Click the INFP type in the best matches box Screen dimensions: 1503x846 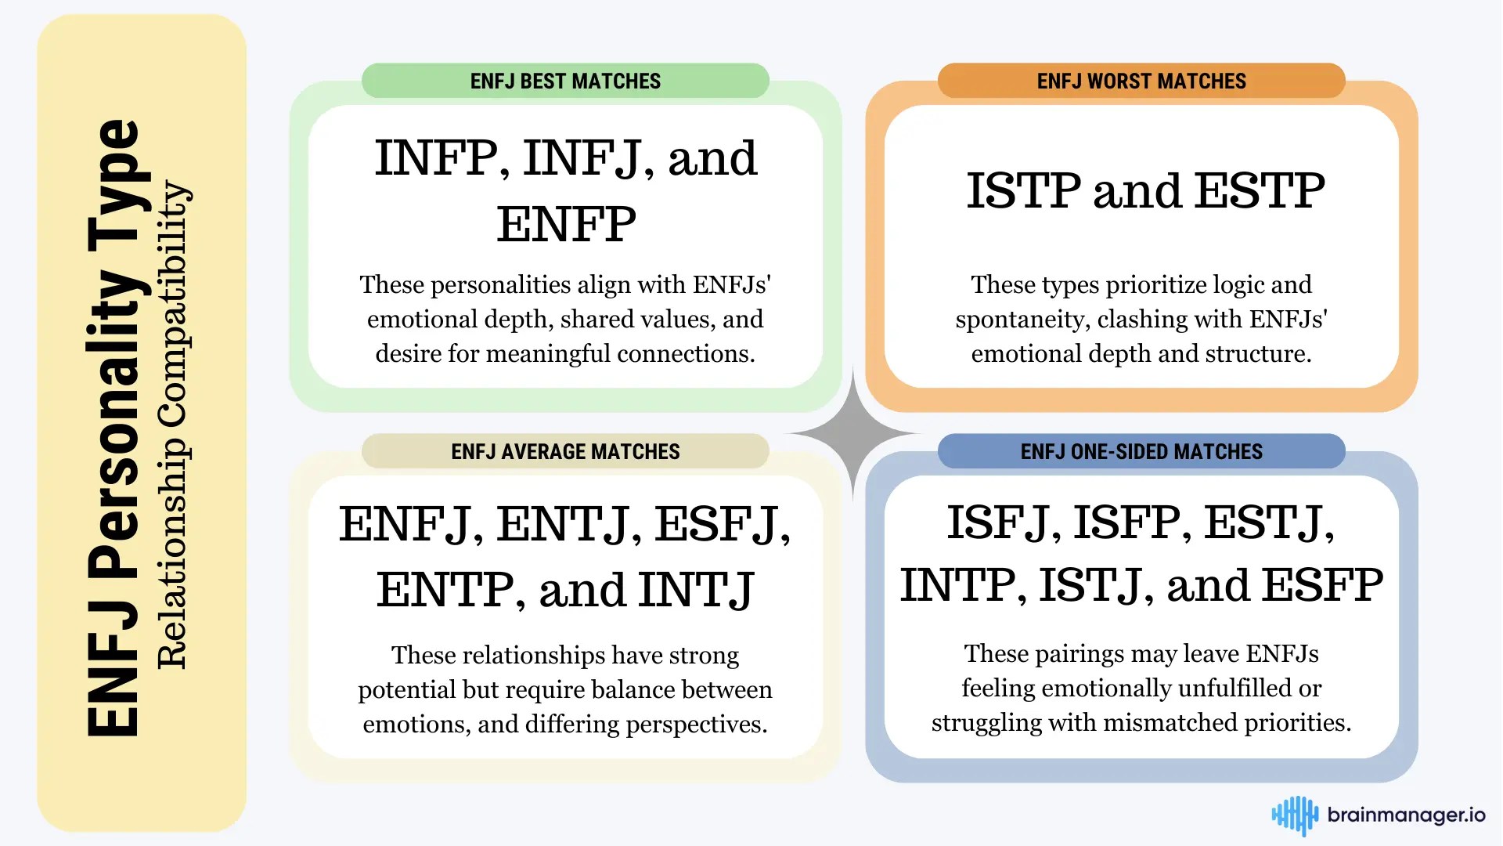[437, 158]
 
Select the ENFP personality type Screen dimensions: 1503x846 [566, 224]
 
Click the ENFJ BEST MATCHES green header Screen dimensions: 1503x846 [565, 81]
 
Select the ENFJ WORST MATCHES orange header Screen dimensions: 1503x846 [1141, 81]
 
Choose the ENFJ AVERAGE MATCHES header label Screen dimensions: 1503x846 [565, 451]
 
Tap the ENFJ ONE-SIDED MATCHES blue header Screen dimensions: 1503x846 [1141, 451]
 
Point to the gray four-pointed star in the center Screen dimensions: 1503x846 [853, 432]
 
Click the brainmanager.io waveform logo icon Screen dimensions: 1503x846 [1295, 815]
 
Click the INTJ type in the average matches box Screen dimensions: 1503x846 [696, 590]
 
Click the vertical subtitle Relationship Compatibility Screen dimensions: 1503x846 [172, 425]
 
